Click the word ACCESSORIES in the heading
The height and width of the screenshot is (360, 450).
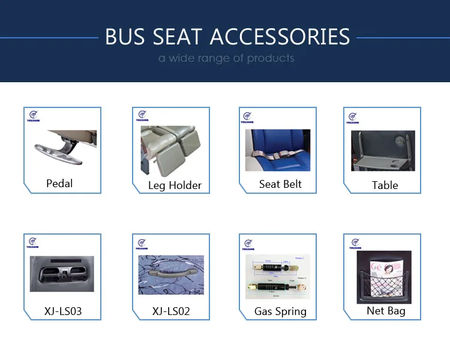pyautogui.click(x=280, y=37)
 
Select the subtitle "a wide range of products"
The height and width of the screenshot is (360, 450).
pyautogui.click(x=226, y=58)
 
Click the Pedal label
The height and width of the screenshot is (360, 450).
pyautogui.click(x=59, y=183)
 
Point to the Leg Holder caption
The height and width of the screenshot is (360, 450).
pyautogui.click(x=175, y=185)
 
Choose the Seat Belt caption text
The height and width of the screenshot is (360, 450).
pyautogui.click(x=280, y=184)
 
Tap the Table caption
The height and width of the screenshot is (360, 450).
pyautogui.click(x=385, y=185)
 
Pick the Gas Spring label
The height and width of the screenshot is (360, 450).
pyautogui.click(x=280, y=311)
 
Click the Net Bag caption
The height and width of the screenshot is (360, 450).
pyautogui.click(x=386, y=310)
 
